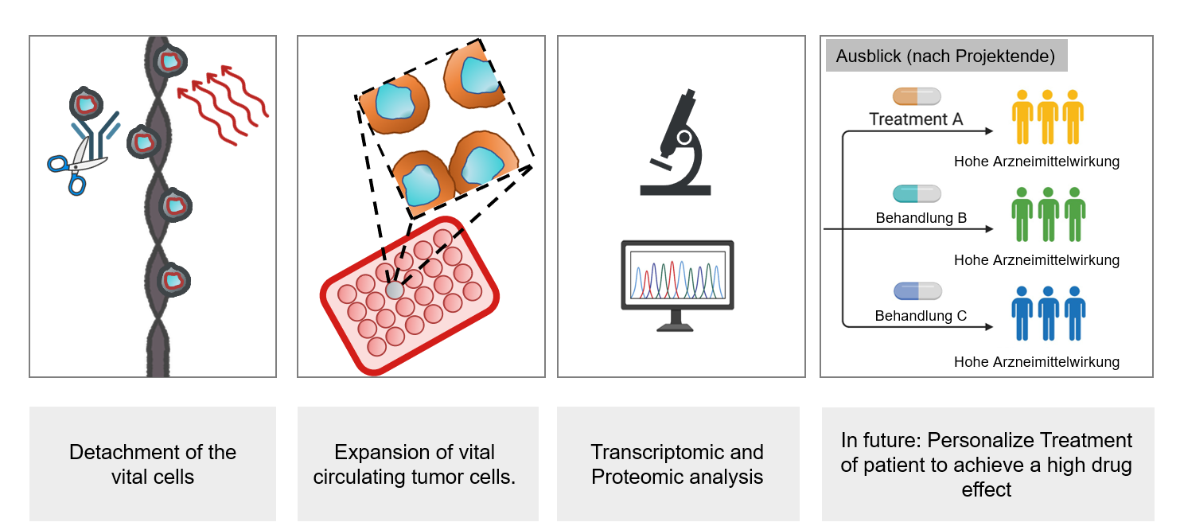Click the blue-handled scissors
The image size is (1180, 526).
[77, 165]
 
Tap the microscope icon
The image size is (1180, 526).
[676, 144]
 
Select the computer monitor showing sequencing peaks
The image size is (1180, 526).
[677, 284]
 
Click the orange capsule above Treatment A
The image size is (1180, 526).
[917, 97]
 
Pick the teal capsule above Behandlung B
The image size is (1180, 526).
[917, 193]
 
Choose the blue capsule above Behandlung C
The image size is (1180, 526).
[917, 291]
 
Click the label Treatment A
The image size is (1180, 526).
[916, 119]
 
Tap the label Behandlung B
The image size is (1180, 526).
[921, 217]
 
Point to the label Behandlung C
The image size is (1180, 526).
[921, 316]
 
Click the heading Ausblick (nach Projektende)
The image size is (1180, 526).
[945, 56]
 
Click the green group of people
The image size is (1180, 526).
[1048, 214]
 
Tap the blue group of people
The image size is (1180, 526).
[1048, 313]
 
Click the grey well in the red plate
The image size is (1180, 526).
[395, 290]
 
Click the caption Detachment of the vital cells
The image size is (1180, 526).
[153, 464]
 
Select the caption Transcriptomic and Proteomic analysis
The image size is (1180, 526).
[677, 464]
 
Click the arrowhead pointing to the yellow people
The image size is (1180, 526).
[989, 131]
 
